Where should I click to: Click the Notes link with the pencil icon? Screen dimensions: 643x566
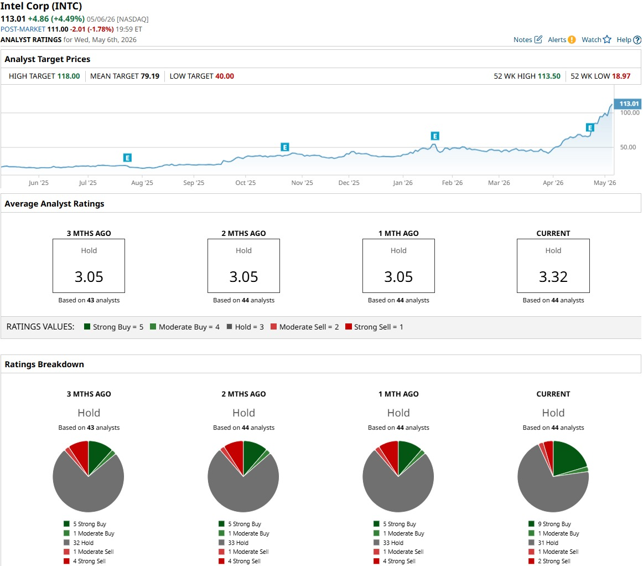coord(528,39)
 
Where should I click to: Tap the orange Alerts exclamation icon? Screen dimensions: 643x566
coord(572,39)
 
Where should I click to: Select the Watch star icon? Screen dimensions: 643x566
coord(607,39)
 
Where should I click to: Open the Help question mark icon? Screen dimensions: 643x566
coord(637,40)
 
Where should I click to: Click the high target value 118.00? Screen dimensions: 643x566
coord(69,76)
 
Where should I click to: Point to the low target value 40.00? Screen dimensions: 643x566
coord(224,76)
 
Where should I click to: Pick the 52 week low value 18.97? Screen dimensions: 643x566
coord(621,76)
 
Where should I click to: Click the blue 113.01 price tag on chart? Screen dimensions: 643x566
coord(628,104)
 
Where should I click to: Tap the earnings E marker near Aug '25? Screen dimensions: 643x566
coord(127,158)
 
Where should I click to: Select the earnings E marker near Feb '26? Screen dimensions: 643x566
coord(435,136)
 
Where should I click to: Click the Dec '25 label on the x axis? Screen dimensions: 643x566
coord(349,183)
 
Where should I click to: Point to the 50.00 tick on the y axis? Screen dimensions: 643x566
coord(628,147)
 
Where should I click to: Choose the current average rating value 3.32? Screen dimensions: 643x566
coord(553,277)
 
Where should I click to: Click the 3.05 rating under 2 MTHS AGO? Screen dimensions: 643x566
coord(243,277)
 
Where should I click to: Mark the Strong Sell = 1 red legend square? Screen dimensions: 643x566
coord(349,327)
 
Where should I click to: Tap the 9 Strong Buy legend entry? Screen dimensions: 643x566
coord(550,524)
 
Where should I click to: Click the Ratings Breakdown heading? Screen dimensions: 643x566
coord(44,364)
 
